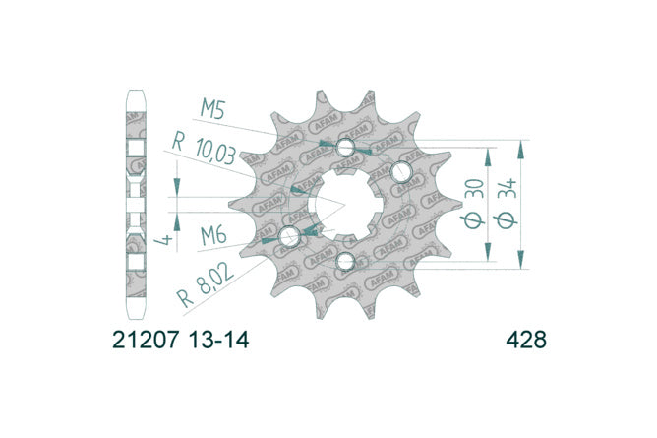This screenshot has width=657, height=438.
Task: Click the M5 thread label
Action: pyautogui.click(x=212, y=109)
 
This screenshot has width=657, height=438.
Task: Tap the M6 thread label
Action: pyautogui.click(x=213, y=235)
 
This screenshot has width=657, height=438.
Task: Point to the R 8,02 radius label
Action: pyautogui.click(x=206, y=285)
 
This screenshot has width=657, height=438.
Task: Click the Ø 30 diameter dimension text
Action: pyautogui.click(x=474, y=204)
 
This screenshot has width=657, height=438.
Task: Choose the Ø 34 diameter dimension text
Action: pyautogui.click(x=507, y=204)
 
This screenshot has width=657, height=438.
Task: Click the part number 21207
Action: pyautogui.click(x=146, y=340)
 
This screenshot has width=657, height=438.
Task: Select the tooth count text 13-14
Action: pyautogui.click(x=218, y=340)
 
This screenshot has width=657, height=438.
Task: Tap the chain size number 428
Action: pyautogui.click(x=526, y=340)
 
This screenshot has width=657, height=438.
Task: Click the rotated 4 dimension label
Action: pyautogui.click(x=164, y=240)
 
